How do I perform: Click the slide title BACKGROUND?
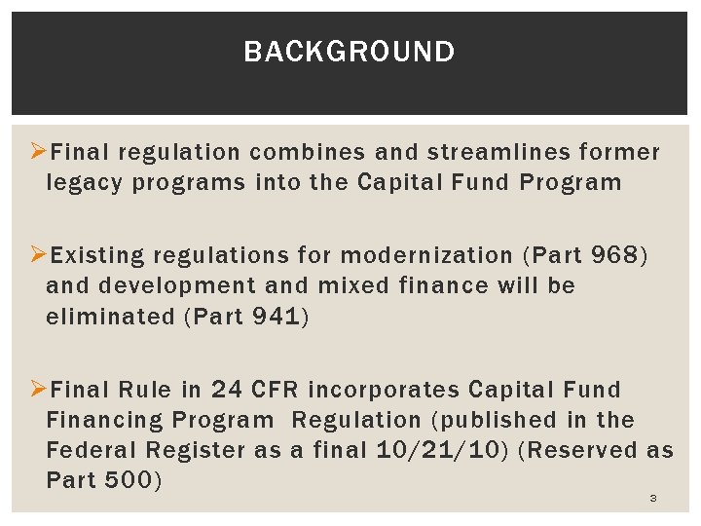[349, 52]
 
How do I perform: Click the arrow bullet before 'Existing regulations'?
[39, 255]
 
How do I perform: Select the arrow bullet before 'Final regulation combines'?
[39, 152]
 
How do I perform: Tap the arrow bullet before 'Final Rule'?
[39, 389]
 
